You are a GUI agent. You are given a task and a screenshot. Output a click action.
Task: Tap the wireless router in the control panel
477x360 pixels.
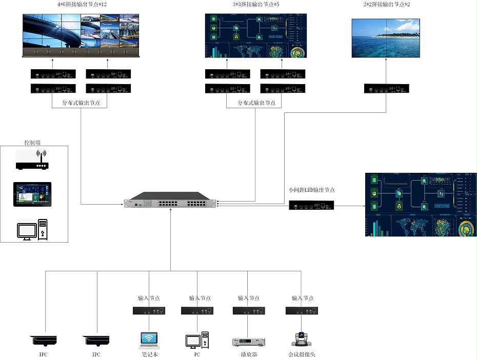(32, 161)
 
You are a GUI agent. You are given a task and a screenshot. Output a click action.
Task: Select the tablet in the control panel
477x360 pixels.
(32, 194)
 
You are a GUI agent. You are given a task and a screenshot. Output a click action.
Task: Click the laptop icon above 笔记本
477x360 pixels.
(149, 340)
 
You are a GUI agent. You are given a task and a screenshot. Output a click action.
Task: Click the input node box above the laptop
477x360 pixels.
(149, 310)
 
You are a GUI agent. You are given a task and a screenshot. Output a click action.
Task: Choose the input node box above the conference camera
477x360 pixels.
(302, 310)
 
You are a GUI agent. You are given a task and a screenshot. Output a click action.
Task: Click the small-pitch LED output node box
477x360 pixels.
(311, 206)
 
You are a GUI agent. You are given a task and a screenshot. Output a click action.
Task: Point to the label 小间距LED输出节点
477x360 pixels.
(312, 190)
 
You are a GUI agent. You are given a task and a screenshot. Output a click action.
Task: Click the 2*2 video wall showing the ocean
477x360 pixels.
(386, 38)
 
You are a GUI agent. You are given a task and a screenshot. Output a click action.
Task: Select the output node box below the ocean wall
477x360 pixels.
(386, 88)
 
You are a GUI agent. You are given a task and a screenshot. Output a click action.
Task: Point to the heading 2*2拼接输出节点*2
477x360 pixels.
(386, 5)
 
